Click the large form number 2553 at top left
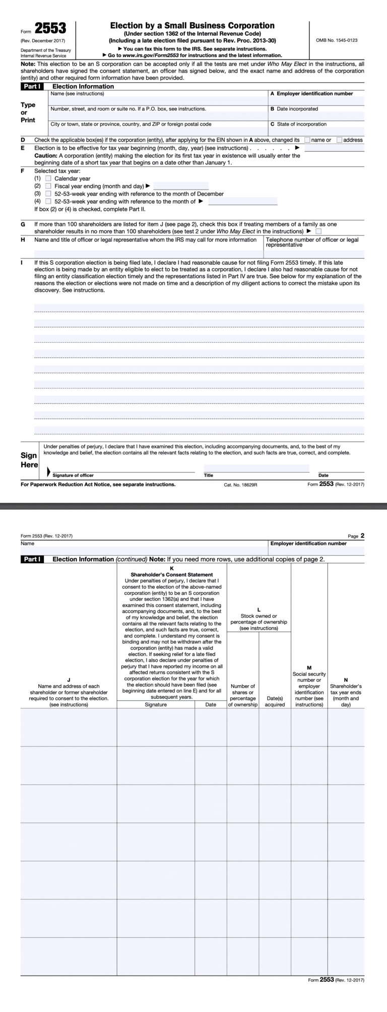pyautogui.click(x=50, y=29)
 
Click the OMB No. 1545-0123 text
pyautogui.click(x=336, y=40)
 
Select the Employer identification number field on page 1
pyautogui.click(x=316, y=101)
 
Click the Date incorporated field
pyautogui.click(x=316, y=116)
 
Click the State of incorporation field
pyautogui.click(x=316, y=131)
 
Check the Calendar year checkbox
pyautogui.click(x=48, y=178)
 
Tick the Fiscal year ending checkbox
pyautogui.click(x=48, y=186)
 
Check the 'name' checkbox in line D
pyautogui.click(x=307, y=140)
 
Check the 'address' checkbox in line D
pyautogui.click(x=339, y=140)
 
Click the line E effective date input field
pyautogui.click(x=334, y=148)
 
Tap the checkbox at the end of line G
pyautogui.click(x=318, y=231)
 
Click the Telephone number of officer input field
pyautogui.click(x=314, y=254)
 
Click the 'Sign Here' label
pyautogui.click(x=29, y=460)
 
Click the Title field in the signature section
pyautogui.click(x=256, y=468)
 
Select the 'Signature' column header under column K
pyautogui.click(x=156, y=704)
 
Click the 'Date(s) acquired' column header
pyautogui.click(x=275, y=701)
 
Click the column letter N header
pyautogui.click(x=346, y=680)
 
